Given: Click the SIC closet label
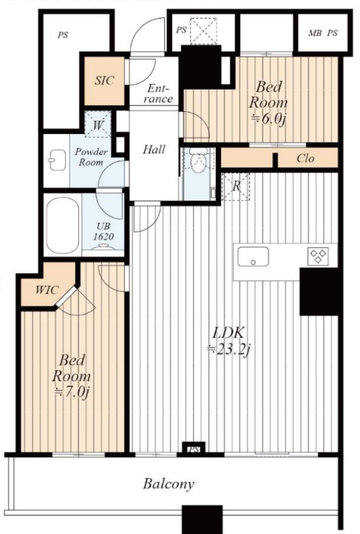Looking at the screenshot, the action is [x=104, y=81].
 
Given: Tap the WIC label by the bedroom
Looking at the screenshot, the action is [x=47, y=290].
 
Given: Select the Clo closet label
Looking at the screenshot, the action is [x=305, y=158].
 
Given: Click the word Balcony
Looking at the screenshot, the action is [x=169, y=484].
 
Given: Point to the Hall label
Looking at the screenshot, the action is [x=154, y=149].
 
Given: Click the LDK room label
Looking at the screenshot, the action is [x=228, y=333].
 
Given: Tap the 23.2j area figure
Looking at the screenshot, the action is [x=229, y=350].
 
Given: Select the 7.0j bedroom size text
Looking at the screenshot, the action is [x=72, y=391].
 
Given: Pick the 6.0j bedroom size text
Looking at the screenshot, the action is [x=268, y=118].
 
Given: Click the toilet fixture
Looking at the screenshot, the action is [x=197, y=161].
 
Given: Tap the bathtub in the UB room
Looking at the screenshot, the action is [x=62, y=226].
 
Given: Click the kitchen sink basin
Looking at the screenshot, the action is [x=253, y=257].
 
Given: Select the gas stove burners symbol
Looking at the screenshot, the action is [x=318, y=256].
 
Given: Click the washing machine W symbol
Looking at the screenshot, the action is [x=98, y=125].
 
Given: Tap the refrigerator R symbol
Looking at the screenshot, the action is [x=236, y=186].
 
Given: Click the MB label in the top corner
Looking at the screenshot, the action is [x=314, y=34].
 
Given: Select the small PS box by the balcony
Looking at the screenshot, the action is [x=193, y=448].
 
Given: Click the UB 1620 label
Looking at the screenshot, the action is [x=103, y=232].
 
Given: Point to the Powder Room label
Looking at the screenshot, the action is [x=91, y=157].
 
